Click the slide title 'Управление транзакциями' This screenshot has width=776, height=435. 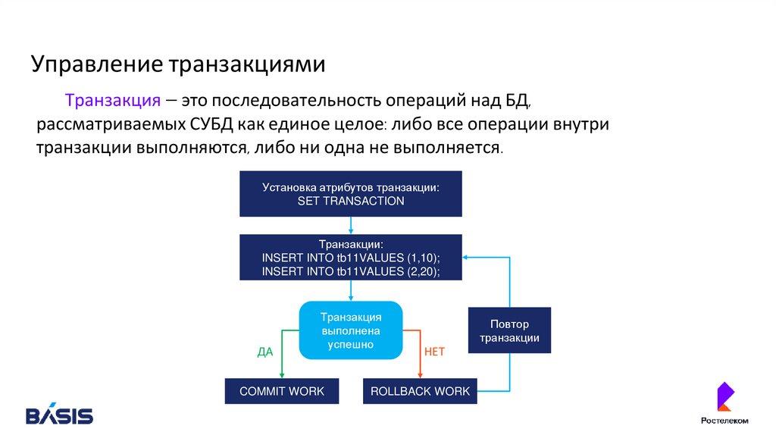pyautogui.click(x=178, y=64)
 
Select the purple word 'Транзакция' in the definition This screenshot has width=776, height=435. pyautogui.click(x=112, y=102)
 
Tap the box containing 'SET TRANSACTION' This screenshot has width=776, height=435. pyautogui.click(x=351, y=194)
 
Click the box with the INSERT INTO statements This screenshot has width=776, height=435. pyautogui.click(x=351, y=258)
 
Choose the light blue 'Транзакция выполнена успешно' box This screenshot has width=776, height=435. pyautogui.click(x=351, y=330)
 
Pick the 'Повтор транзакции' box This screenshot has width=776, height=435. pyautogui.click(x=509, y=330)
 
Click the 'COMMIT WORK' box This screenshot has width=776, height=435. pyautogui.click(x=282, y=391)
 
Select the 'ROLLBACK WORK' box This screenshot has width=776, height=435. pyautogui.click(x=420, y=391)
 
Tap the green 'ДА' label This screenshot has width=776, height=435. pyautogui.click(x=265, y=352)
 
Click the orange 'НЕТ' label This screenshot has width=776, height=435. pyautogui.click(x=434, y=352)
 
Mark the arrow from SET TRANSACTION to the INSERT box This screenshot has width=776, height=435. pyautogui.click(x=351, y=226)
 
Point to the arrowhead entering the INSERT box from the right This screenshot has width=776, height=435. pyautogui.click(x=467, y=258)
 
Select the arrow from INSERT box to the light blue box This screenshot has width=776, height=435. pyautogui.click(x=351, y=290)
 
